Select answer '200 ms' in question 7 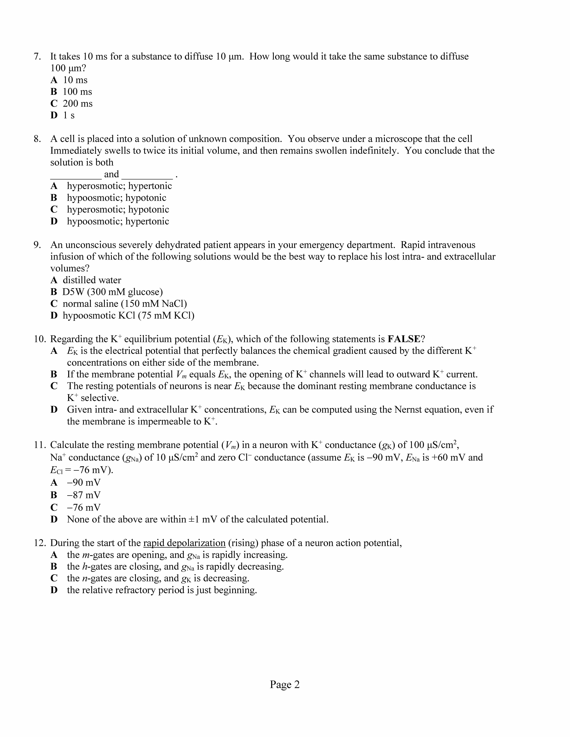point(77,104)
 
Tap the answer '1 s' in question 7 point(69,115)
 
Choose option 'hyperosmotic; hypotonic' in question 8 point(118,210)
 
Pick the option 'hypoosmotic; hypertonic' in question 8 point(118,221)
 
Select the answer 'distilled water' point(92,280)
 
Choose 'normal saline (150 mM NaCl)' point(125,304)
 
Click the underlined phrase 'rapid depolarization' point(184,543)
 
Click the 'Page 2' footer point(285,684)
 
